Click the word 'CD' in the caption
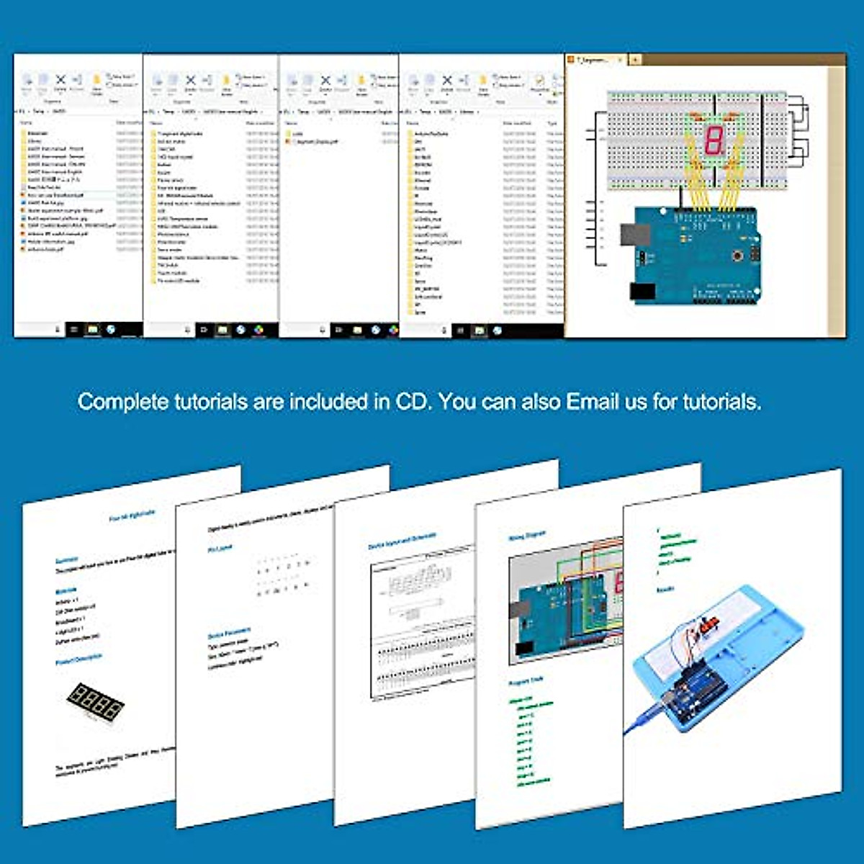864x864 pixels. pos(413,401)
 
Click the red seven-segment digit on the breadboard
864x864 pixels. pos(713,140)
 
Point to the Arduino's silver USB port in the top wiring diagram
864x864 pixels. pos(634,235)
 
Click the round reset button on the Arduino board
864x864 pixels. pos(738,255)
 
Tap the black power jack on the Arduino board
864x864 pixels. pos(642,291)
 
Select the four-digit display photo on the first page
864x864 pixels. pos(95,703)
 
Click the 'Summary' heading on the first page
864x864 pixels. pos(67,560)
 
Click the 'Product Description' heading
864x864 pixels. pos(79,660)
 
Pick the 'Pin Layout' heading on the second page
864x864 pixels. pos(220,549)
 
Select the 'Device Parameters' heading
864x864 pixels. pos(229,634)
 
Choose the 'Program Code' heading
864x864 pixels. pos(526,681)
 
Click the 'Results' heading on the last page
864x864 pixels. pos(665,590)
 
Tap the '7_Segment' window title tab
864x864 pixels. pos(595,60)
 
